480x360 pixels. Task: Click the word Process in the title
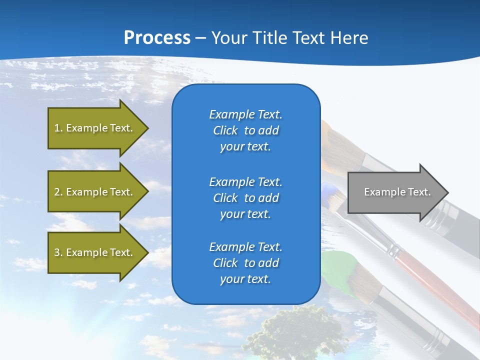[157, 38]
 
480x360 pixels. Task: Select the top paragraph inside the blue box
[245, 130]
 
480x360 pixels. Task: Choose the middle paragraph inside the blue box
[245, 198]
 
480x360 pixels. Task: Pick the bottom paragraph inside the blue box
[245, 263]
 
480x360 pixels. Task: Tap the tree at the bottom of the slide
[295, 332]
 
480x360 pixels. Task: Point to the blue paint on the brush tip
[328, 190]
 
